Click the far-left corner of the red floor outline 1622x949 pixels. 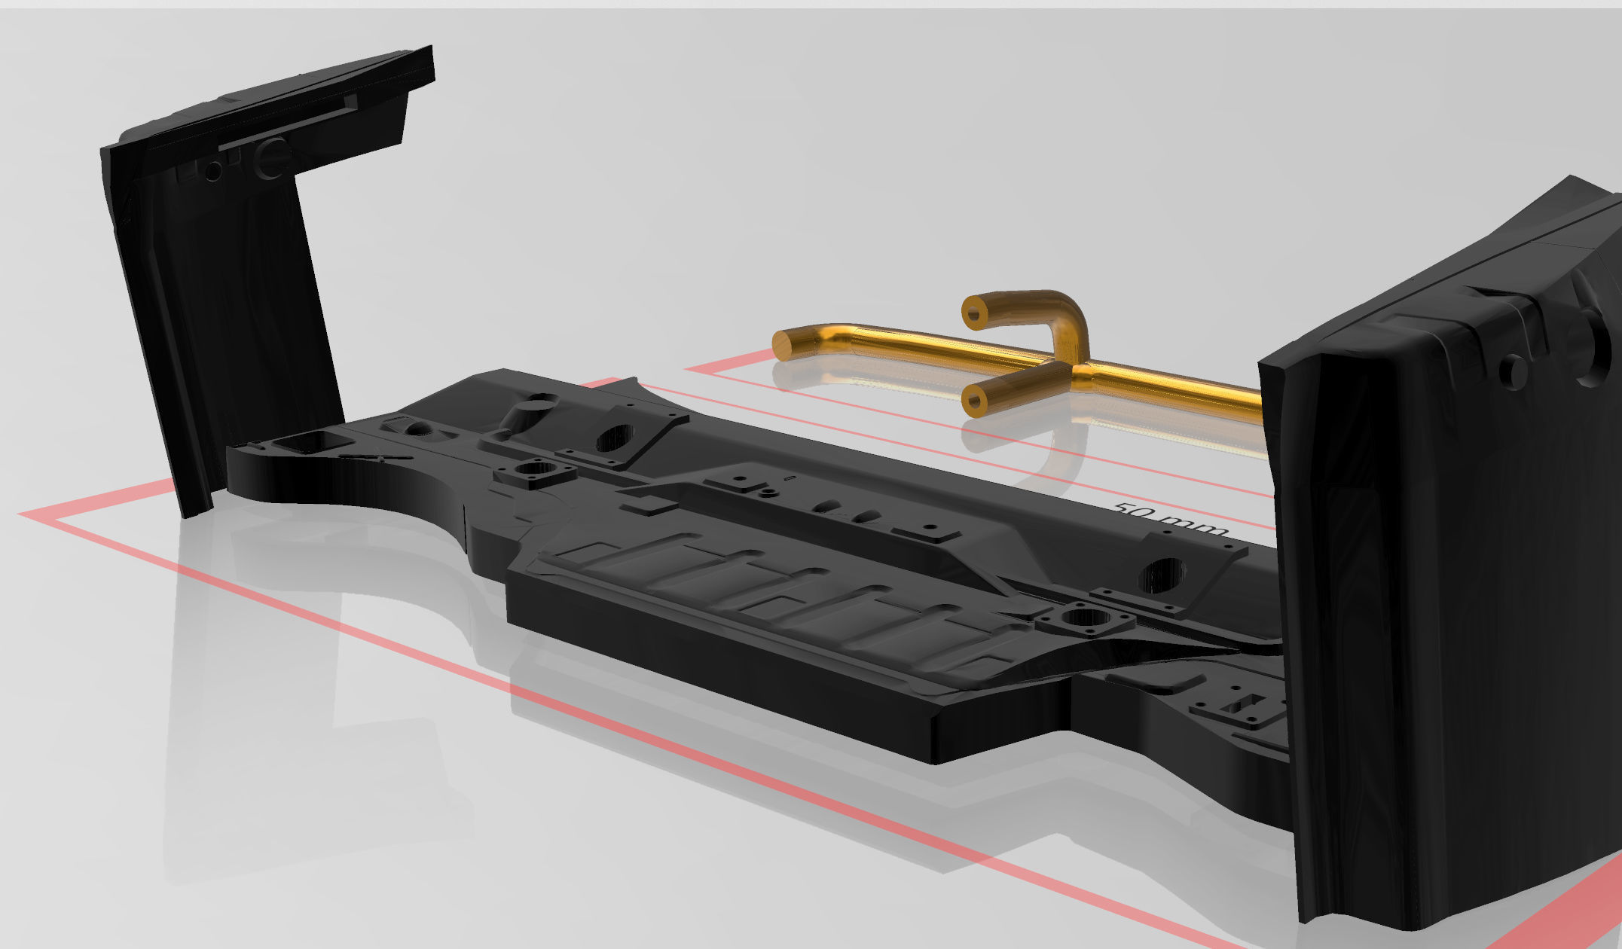pyautogui.click(x=23, y=514)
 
